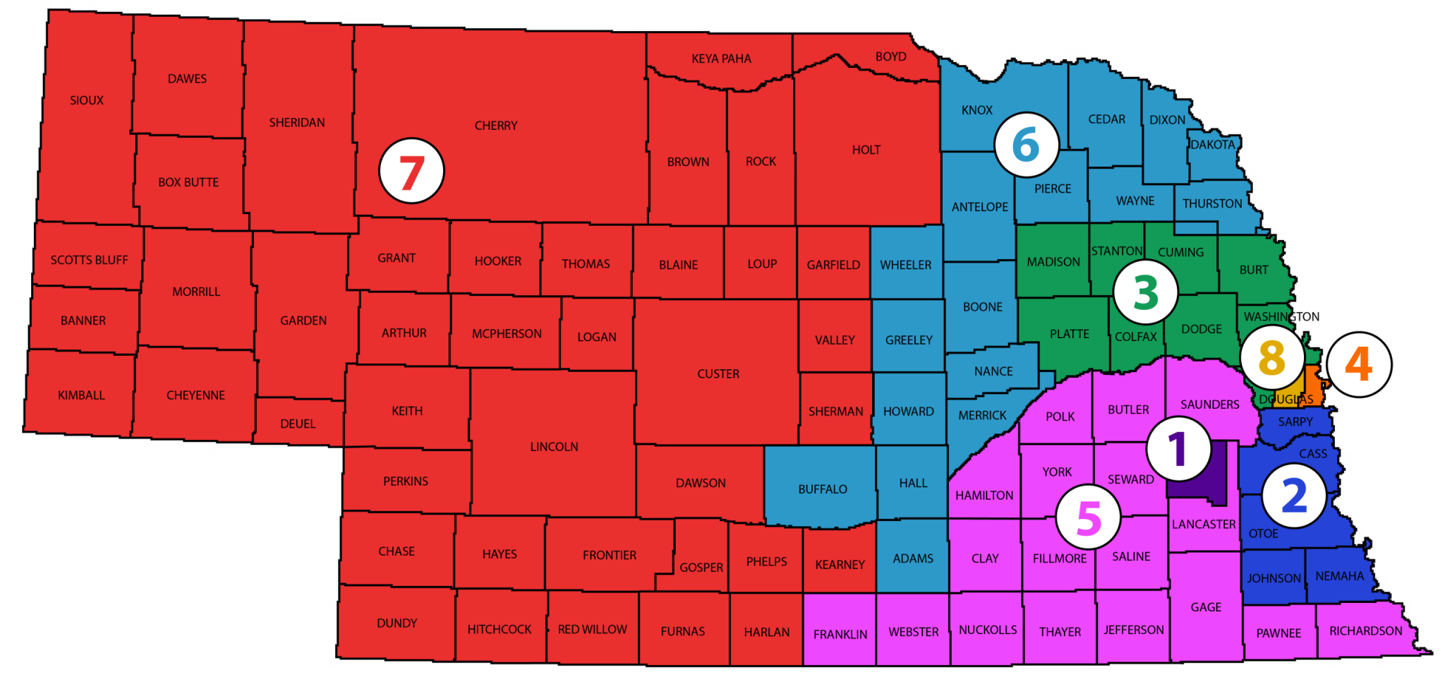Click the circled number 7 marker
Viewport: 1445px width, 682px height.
(x=411, y=171)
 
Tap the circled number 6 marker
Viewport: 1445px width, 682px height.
(x=1026, y=145)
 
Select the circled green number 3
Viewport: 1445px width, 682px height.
(x=1145, y=292)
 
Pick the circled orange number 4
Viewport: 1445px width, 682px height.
(x=1358, y=364)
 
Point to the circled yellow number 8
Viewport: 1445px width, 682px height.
(x=1271, y=357)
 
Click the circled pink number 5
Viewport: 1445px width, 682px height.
(x=1088, y=517)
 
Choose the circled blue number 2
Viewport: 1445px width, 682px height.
(x=1293, y=495)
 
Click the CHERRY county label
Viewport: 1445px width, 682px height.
(x=495, y=126)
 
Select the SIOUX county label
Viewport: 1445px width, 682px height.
(x=86, y=100)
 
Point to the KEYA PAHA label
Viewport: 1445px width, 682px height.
(x=721, y=59)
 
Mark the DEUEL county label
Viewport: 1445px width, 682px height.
(x=298, y=424)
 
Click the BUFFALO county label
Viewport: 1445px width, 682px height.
(x=822, y=489)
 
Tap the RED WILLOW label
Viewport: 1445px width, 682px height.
(x=592, y=629)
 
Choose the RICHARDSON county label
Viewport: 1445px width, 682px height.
(x=1365, y=630)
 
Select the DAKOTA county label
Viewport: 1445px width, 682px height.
(x=1212, y=145)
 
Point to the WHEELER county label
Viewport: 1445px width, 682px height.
(x=905, y=265)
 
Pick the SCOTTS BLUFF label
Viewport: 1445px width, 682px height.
(x=89, y=260)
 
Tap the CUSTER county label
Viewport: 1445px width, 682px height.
(x=718, y=373)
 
